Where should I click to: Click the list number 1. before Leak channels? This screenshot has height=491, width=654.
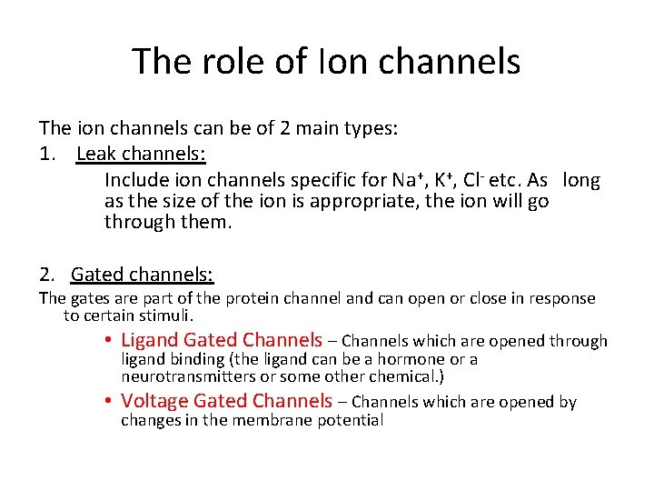point(50,153)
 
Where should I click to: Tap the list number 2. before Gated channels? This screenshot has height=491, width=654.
point(48,274)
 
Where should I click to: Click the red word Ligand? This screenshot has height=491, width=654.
point(149,340)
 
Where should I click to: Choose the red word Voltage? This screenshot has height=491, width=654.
point(154,401)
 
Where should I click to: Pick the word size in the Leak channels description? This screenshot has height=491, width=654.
point(186,201)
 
